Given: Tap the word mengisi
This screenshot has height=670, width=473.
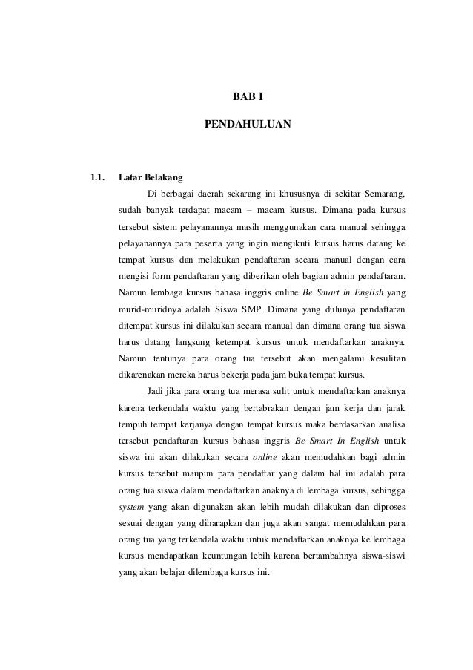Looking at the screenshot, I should click(133, 277).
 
